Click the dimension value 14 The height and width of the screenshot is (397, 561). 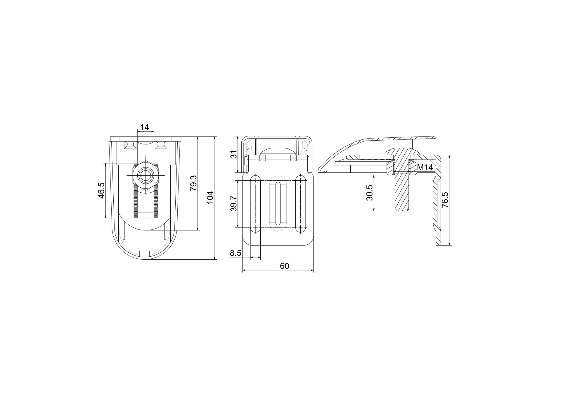point(145,127)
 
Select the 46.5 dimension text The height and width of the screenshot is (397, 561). point(101,191)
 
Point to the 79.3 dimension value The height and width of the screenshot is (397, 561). point(193,183)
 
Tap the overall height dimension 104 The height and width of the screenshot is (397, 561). point(210,197)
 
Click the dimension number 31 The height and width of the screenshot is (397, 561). point(234,155)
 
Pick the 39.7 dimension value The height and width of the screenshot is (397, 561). point(234,203)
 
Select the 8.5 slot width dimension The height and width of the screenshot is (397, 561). point(236,253)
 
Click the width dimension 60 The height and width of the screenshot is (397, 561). point(284,266)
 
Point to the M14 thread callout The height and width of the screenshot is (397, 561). point(425,168)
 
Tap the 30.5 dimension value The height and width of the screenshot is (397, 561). point(370,193)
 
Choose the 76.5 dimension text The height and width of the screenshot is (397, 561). point(445,200)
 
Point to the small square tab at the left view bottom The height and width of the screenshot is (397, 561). point(145,254)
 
